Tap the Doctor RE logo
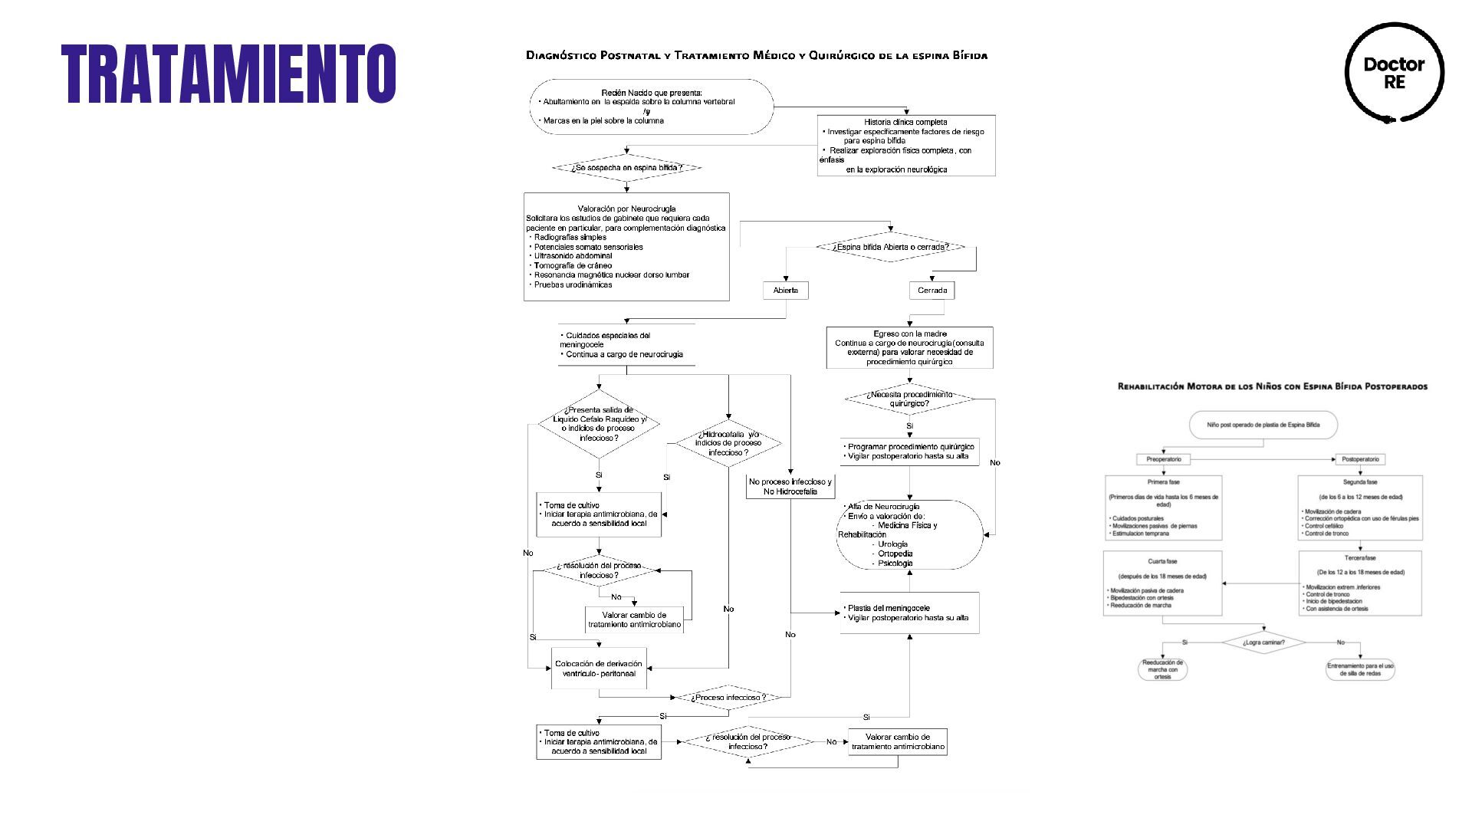pos(1394,73)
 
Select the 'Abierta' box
pos(785,291)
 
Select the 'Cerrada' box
pos(932,291)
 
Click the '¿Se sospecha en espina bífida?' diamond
pos(626,168)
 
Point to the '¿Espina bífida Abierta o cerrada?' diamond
pos(890,247)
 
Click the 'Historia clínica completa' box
pos(906,146)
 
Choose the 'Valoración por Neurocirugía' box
pos(626,246)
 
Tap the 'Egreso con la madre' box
pos(909,347)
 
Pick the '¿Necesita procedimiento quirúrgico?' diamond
pos(909,399)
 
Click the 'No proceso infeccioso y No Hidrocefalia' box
pos(790,487)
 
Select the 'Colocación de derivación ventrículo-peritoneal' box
pos(599,669)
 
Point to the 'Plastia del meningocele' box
pos(909,613)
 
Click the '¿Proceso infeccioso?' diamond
pos(728,698)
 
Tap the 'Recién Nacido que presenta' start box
pos(651,107)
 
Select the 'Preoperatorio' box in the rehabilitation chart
pos(1163,459)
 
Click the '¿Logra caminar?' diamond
pos(1263,642)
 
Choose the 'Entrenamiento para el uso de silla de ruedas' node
pos(1360,669)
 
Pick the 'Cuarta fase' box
pos(1162,583)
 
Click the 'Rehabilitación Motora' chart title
pos(1272,386)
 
